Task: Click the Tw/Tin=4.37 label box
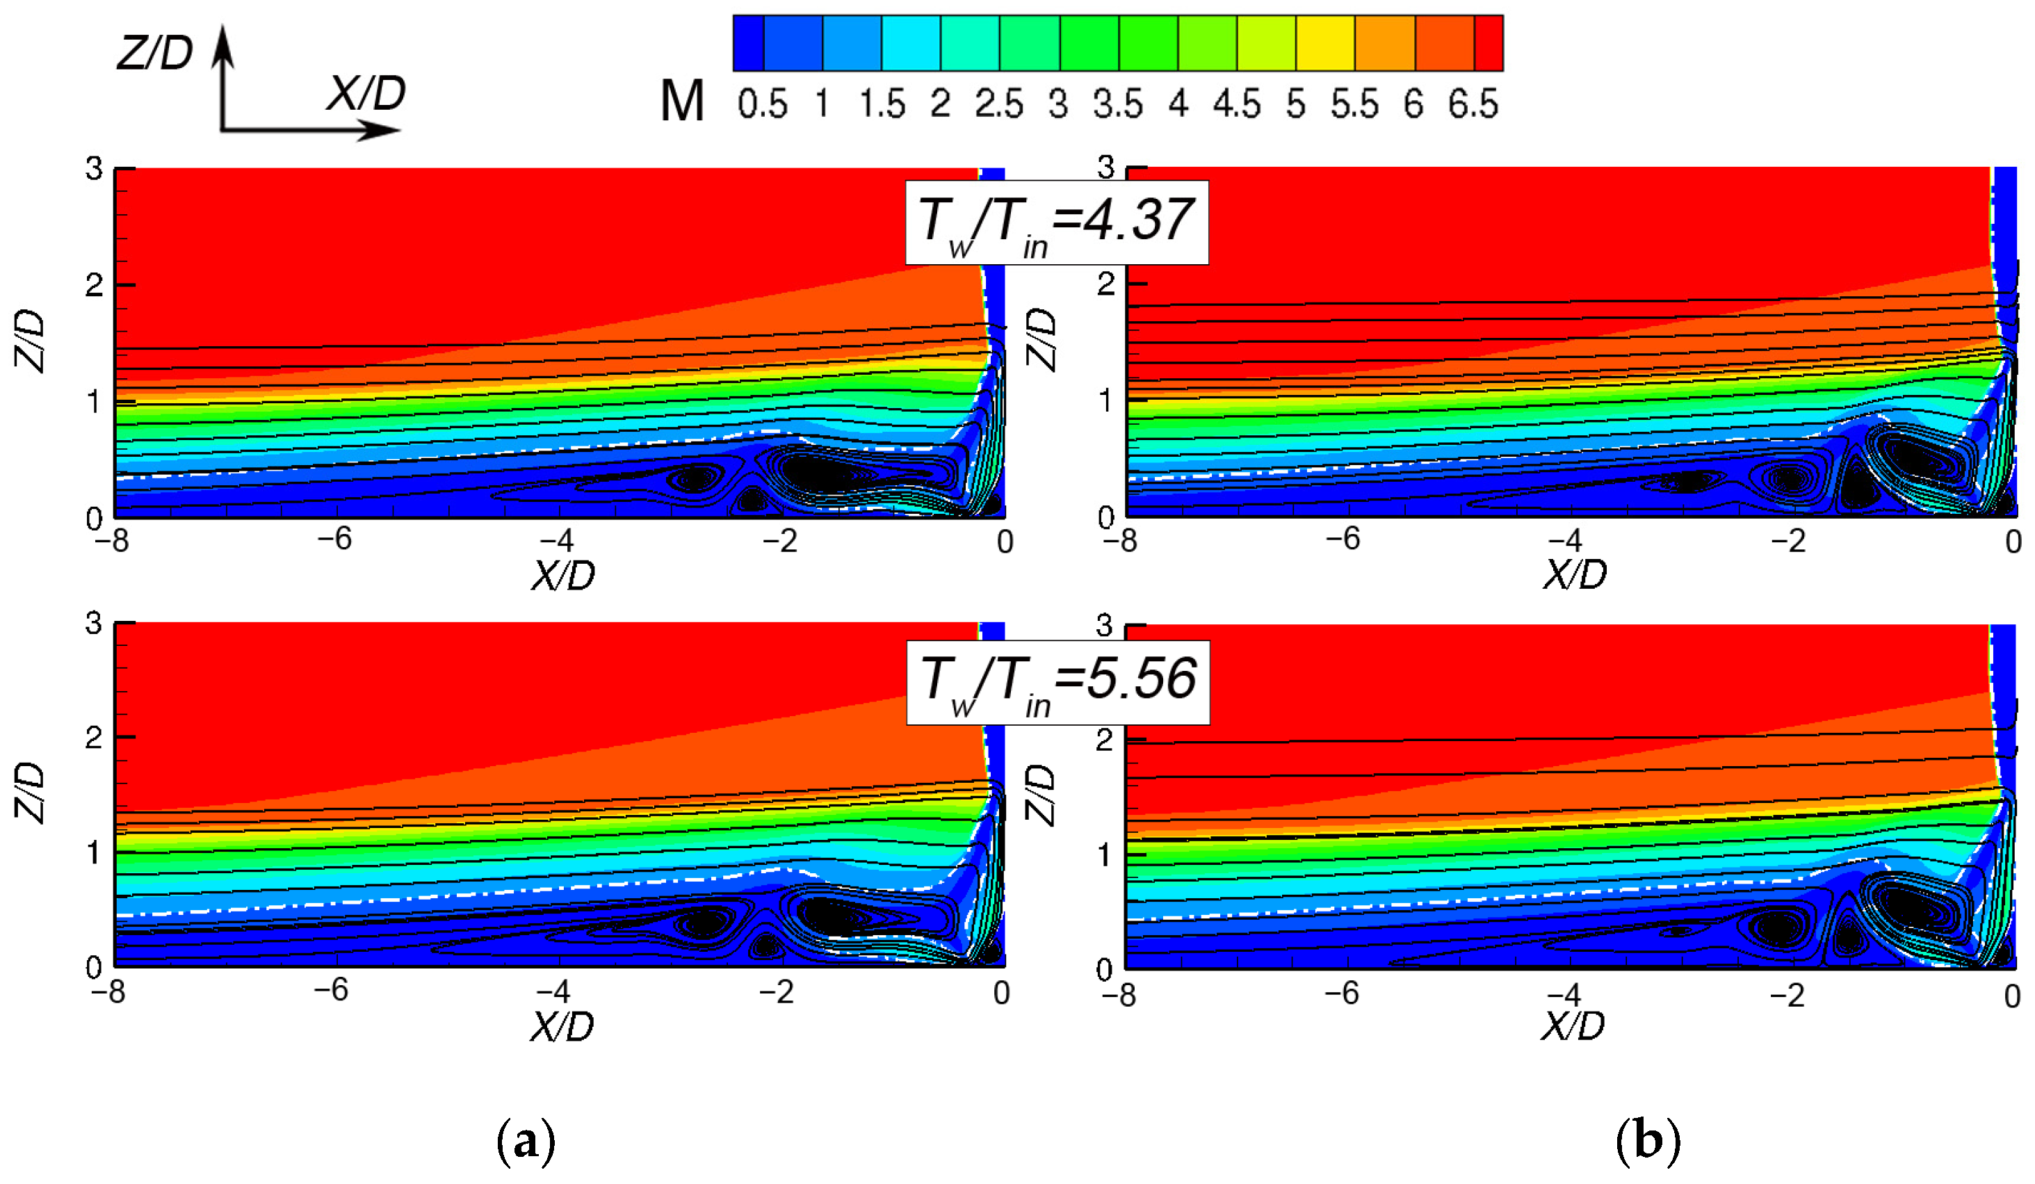pyautogui.click(x=1056, y=222)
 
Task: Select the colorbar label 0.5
pyautogui.click(x=761, y=104)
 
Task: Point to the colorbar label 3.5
pyautogui.click(x=1118, y=104)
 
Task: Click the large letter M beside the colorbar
pyautogui.click(x=681, y=102)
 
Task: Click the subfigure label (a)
pyautogui.click(x=526, y=1140)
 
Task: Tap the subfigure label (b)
pyautogui.click(x=1648, y=1140)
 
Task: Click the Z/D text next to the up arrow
pyautogui.click(x=155, y=54)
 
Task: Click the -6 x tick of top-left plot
pyautogui.click(x=334, y=540)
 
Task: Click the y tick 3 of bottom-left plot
pyautogui.click(x=94, y=624)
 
